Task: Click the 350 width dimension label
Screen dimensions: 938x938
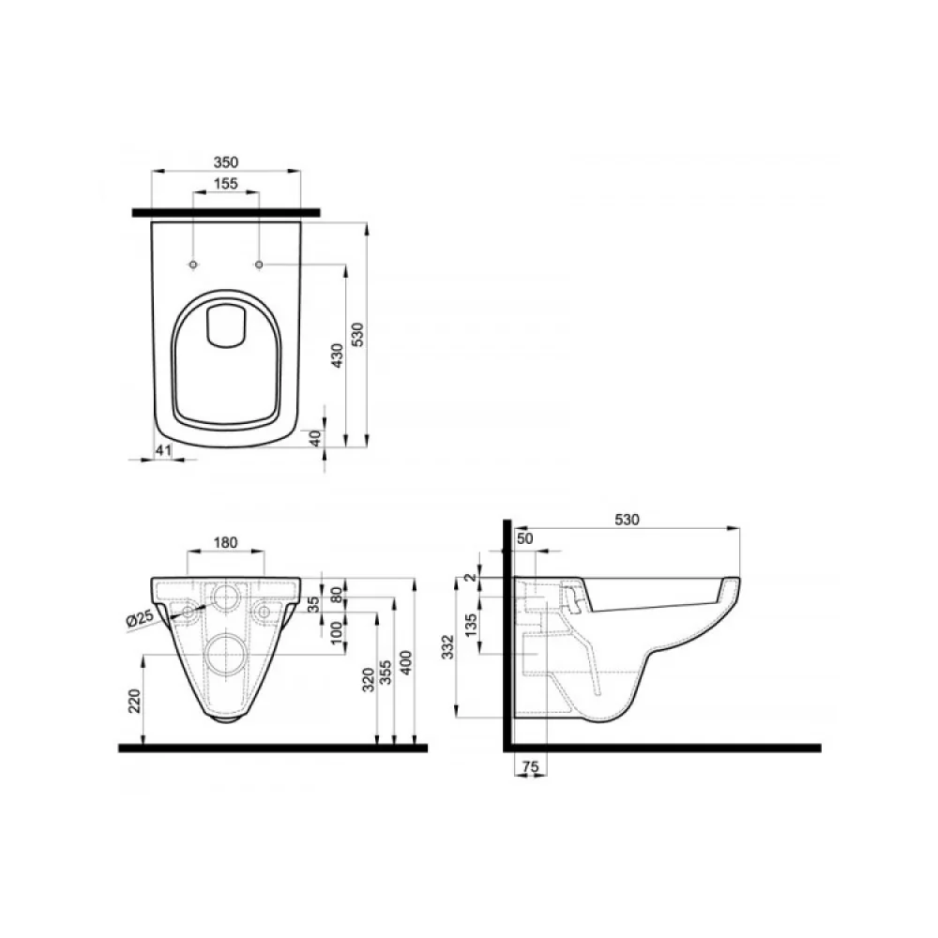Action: [226, 162]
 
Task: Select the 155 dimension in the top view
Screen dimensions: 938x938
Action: [225, 184]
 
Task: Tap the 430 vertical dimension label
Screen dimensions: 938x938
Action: [338, 356]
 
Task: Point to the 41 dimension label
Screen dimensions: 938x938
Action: [163, 450]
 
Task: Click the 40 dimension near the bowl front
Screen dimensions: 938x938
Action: [316, 438]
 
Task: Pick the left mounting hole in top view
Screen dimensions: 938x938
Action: [193, 265]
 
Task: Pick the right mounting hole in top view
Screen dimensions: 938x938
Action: [259, 265]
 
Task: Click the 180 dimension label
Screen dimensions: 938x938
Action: [225, 542]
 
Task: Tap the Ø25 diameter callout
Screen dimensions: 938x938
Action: [140, 618]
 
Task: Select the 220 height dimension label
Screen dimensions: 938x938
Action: [134, 701]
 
